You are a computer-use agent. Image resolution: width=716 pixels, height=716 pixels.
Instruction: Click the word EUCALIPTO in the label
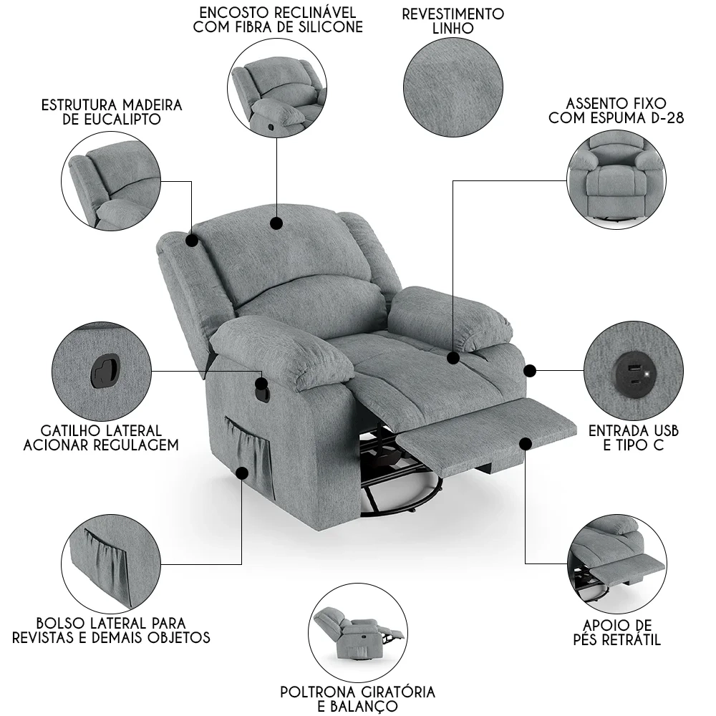click(x=122, y=120)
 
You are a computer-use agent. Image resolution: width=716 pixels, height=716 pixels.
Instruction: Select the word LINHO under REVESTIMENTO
click(x=453, y=29)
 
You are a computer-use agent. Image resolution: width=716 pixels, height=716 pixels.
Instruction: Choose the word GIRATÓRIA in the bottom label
click(x=397, y=692)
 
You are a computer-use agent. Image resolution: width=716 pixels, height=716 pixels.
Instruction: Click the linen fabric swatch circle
click(x=453, y=87)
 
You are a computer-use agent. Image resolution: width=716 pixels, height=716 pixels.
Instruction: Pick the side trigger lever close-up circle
click(x=102, y=371)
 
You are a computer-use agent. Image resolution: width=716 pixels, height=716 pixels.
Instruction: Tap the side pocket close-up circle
click(x=111, y=564)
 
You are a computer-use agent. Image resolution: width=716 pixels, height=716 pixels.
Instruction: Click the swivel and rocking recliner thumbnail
click(x=357, y=632)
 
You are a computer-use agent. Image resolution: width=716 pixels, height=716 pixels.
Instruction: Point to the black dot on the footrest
click(x=526, y=443)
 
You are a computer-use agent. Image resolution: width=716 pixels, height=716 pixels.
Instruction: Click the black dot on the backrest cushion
click(x=276, y=223)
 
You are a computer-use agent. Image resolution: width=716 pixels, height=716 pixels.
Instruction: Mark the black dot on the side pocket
click(x=242, y=472)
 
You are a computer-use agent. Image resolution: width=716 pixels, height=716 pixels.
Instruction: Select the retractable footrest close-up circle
click(x=617, y=566)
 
